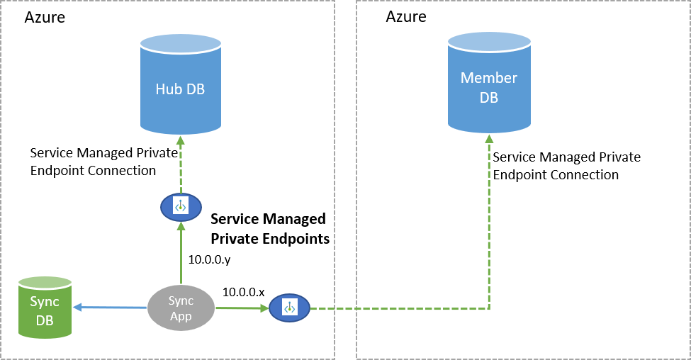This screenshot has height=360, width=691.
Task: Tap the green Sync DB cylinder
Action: point(45,310)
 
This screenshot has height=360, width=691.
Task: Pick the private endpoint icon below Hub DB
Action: point(180,206)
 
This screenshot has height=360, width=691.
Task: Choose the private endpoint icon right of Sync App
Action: point(289,308)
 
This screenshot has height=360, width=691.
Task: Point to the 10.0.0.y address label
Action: point(209,260)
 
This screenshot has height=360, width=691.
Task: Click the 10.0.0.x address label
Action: point(243,292)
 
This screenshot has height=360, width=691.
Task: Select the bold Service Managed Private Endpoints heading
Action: point(270,228)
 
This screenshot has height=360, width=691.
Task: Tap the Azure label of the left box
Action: point(45,18)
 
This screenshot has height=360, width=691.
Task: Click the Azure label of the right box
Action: point(406,16)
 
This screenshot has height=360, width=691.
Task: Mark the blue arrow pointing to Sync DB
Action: point(110,307)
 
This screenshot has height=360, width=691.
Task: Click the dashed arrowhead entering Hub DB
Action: point(180,140)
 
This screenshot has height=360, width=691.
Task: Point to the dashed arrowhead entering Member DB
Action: point(489,137)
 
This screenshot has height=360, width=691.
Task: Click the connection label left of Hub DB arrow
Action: point(93,162)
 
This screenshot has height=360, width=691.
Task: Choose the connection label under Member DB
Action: point(566,166)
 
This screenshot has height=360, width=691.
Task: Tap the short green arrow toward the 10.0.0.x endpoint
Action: point(241,308)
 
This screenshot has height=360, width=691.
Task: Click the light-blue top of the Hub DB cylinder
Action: point(180,44)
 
